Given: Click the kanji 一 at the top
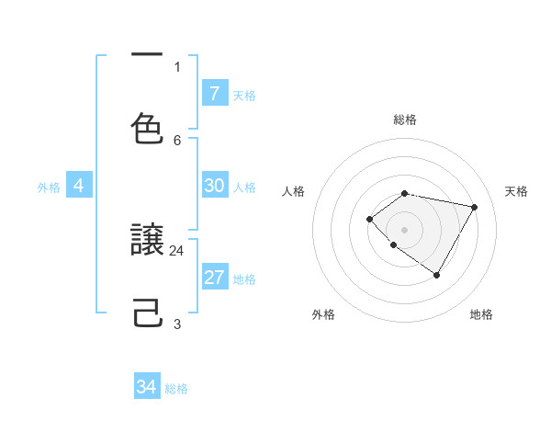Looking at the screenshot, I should click(147, 56).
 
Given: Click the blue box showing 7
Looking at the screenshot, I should click(214, 93).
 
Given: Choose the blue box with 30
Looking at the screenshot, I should click(214, 186).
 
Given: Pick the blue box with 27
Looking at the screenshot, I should click(214, 278).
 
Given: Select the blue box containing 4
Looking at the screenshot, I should click(79, 186).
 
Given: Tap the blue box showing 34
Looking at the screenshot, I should click(147, 387).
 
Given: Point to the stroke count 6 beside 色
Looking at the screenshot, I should click(177, 140).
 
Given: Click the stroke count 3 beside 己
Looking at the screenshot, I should click(177, 324).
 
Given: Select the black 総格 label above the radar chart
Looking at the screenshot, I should click(405, 119).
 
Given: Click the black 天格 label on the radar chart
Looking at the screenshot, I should click(517, 191).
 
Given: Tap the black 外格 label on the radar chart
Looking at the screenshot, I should click(323, 314).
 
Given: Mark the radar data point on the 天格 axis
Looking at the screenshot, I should click(474, 207).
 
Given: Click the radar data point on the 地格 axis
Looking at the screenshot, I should click(437, 275).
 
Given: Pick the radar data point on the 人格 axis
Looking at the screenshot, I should click(369, 219).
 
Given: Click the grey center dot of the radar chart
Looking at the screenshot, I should click(405, 229).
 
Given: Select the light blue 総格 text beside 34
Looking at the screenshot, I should click(176, 389).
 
